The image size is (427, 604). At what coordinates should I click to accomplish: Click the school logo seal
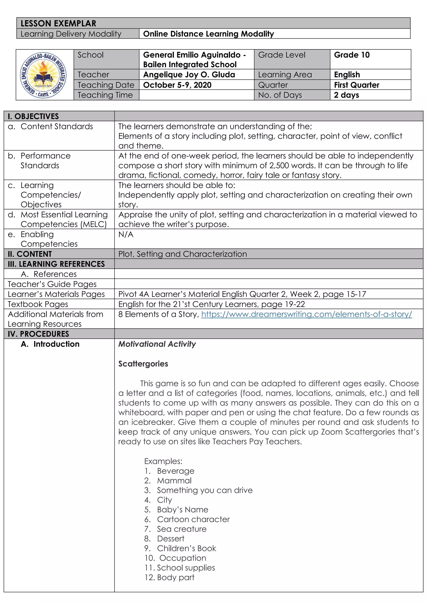pos(43,75)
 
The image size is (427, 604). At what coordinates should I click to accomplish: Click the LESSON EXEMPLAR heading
pos(58,23)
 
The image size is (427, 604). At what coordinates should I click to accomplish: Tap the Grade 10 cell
pos(352,55)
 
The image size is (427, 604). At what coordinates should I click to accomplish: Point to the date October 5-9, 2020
pos(177,85)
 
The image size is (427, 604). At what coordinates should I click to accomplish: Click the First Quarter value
pos(356,85)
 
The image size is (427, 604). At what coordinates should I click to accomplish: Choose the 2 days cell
pos(346,95)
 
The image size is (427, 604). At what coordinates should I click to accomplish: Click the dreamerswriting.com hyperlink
pos(306,314)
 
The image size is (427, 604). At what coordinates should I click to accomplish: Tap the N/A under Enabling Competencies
pos(126,234)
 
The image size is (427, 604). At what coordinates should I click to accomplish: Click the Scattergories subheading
pos(143,364)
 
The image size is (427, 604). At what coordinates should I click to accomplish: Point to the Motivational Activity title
pos(157,344)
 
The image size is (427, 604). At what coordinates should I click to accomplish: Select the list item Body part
pos(175,578)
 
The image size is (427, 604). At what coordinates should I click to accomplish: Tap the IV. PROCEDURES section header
pos(38,334)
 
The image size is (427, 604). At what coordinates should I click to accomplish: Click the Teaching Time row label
pos(105,95)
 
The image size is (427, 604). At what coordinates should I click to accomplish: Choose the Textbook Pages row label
pos(38,304)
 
